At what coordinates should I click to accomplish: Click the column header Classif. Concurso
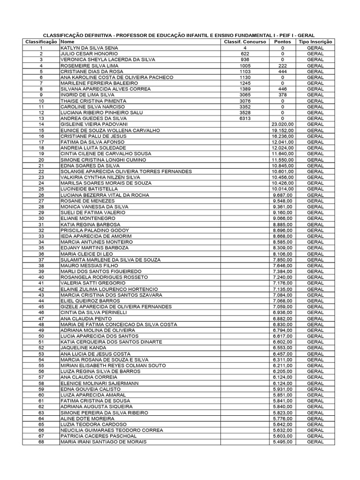coord(245,42)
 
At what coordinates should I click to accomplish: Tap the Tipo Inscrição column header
coord(315,42)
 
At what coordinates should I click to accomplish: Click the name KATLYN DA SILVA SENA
coord(90,48)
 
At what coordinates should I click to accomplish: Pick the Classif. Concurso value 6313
coord(245,119)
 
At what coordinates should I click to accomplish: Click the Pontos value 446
coord(282,89)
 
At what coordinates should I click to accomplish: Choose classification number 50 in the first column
coord(41,336)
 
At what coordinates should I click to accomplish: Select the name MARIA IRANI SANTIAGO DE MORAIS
coord(104,442)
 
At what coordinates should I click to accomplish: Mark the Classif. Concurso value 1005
coord(245,66)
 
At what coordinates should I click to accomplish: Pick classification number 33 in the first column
coord(41,236)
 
